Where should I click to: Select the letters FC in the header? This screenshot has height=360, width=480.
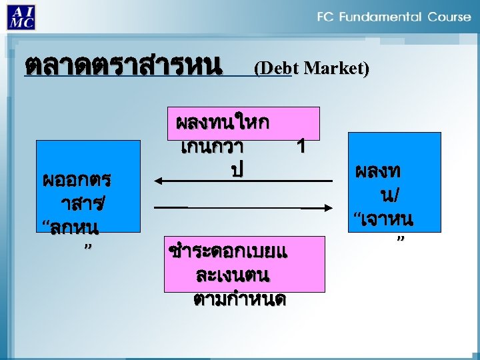327,17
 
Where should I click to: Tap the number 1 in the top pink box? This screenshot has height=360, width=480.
301,146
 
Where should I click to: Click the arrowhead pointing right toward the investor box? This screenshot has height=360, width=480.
328,209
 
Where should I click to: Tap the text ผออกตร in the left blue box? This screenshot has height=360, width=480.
77,180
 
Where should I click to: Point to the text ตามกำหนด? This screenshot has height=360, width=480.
239,299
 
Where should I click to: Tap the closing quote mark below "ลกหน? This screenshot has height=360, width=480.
87,247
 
